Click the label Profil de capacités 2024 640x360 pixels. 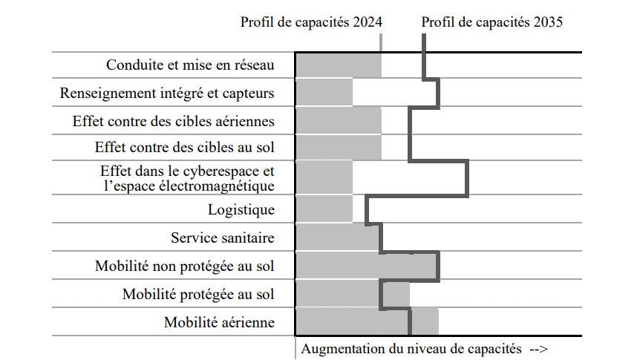click(311, 22)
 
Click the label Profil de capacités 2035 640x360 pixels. click(492, 22)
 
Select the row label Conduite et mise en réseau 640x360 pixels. click(190, 65)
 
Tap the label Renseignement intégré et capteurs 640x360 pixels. click(167, 94)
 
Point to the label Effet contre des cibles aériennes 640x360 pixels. click(174, 121)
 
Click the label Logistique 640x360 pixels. click(241, 209)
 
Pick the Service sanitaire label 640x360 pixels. click(223, 238)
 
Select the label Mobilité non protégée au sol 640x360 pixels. click(185, 266)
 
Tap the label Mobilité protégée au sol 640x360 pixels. click(198, 295)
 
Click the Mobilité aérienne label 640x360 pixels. click(219, 323)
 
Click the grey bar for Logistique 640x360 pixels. click(324, 209)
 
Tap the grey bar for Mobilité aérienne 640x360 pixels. click(367, 323)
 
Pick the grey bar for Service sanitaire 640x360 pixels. click(338, 238)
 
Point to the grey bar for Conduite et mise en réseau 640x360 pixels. click(338, 65)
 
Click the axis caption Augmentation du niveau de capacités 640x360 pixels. click(412, 348)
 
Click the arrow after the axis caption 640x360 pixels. click(538, 348)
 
